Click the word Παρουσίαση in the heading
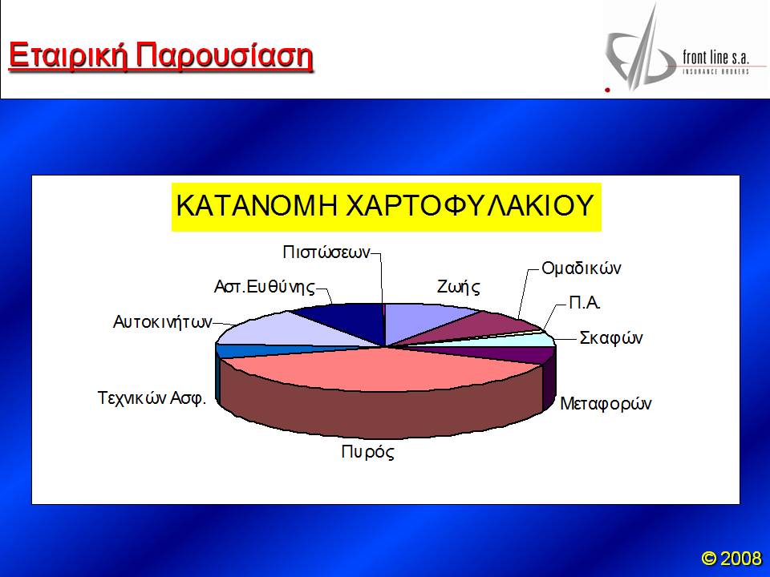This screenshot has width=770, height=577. pos(225,56)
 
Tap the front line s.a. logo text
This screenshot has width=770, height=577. pos(715,58)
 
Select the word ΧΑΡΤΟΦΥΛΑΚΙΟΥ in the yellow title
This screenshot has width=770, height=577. pos(470,205)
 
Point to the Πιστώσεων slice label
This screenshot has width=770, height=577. pos(326,252)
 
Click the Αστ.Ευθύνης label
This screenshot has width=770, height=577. pos(264,287)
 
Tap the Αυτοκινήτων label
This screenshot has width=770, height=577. pos(163,322)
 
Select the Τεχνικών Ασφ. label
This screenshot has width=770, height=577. pos(152,397)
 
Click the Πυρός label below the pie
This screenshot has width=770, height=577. pos(368,451)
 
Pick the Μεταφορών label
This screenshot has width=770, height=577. pos(606,403)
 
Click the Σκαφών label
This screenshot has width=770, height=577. pos(611,338)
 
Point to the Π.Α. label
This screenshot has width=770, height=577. pos(585,303)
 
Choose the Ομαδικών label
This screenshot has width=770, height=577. pos(582,268)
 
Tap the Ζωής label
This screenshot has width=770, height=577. pos(459,287)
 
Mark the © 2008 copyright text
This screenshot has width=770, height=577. pos(731,558)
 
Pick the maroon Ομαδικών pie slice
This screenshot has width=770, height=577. pos(472,325)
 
